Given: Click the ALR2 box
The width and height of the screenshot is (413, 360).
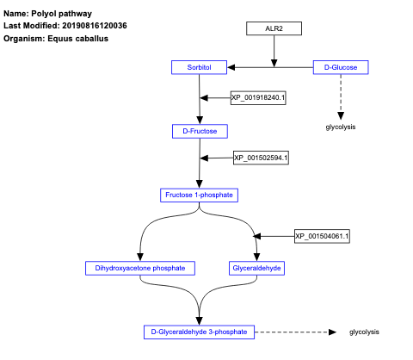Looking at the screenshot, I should (274, 28).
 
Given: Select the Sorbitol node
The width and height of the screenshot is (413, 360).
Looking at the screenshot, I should (199, 66).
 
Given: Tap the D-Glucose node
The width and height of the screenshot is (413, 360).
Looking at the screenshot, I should (341, 66).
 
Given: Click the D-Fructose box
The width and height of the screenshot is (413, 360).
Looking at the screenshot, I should (200, 131).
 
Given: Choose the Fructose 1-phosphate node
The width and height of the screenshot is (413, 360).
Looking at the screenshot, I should (199, 195).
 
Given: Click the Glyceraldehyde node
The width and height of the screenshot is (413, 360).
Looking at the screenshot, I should (257, 268).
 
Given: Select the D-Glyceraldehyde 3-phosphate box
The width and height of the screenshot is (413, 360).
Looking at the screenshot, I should (199, 332).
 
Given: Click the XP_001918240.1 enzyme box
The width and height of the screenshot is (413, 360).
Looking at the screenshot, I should (258, 97).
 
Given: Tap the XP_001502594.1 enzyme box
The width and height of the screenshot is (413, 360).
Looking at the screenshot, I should (261, 158).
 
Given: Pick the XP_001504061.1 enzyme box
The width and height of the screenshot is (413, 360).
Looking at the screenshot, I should (322, 235).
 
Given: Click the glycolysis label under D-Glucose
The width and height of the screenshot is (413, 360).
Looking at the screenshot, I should (341, 127).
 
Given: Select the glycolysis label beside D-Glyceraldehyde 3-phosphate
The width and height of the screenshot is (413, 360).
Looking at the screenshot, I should (364, 332).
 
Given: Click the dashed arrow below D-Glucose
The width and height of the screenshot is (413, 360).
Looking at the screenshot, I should (342, 95).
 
